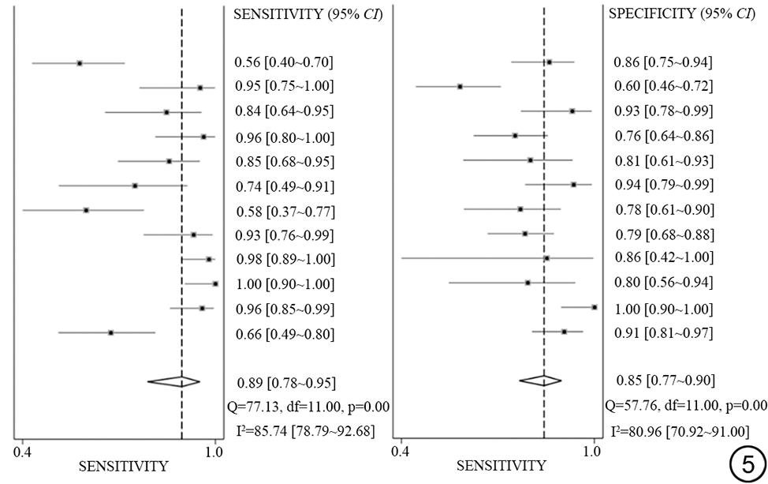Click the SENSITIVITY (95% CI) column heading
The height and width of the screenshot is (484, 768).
pos(309,13)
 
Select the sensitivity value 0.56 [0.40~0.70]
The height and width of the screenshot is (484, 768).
pos(284,62)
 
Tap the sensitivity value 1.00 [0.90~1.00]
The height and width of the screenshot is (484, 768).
pos(284,284)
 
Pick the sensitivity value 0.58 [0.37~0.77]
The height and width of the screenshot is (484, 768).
pos(284,212)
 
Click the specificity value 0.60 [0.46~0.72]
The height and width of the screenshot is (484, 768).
pos(663,86)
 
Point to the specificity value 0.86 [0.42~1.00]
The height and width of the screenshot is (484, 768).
pos(663,257)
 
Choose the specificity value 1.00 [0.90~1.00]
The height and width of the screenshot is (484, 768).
pos(663,309)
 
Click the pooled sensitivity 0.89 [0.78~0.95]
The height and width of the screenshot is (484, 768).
pos(284,383)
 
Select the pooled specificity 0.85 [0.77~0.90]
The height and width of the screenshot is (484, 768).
pos(663,381)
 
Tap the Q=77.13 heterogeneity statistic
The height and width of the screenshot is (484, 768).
pos(309,407)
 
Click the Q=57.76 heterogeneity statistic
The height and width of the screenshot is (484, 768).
pos(686,406)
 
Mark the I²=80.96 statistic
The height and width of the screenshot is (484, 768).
pos(679,431)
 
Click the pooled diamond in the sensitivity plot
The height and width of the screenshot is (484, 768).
pos(174,381)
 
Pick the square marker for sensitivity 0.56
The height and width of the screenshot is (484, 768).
pos(80,62)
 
